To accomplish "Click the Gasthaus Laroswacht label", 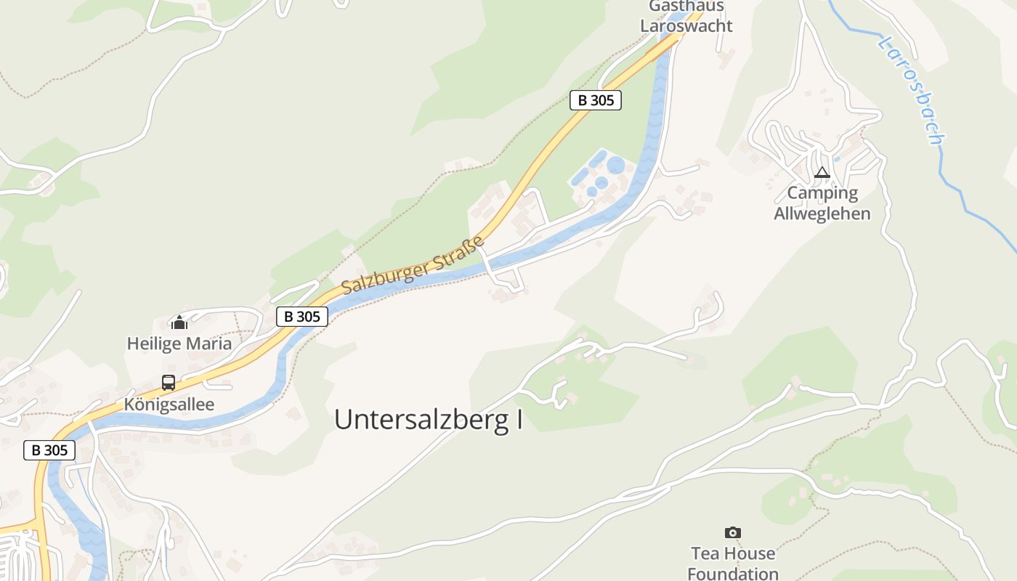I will (x=686, y=17).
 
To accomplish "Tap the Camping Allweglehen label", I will (x=822, y=203).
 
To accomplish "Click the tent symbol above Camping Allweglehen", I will (x=822, y=173).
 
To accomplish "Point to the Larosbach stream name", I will (x=911, y=91).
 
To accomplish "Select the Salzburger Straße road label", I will (x=413, y=265).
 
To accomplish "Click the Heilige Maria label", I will (x=179, y=344).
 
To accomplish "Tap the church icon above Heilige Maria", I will (x=179, y=322).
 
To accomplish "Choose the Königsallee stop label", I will (x=169, y=405).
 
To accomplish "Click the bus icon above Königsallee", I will (x=169, y=382).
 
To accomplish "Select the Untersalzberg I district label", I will (x=429, y=420).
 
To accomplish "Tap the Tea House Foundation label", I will (x=733, y=564).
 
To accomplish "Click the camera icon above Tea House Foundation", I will (x=733, y=533).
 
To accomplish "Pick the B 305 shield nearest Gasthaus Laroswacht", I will (x=596, y=100).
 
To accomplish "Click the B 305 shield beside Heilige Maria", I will (x=302, y=317).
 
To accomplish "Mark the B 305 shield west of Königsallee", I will (x=49, y=450).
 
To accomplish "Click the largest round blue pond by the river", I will (x=616, y=166).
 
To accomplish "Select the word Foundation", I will (x=733, y=574).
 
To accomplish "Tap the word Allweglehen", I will (x=822, y=214).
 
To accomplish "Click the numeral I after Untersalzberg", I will (x=519, y=420).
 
